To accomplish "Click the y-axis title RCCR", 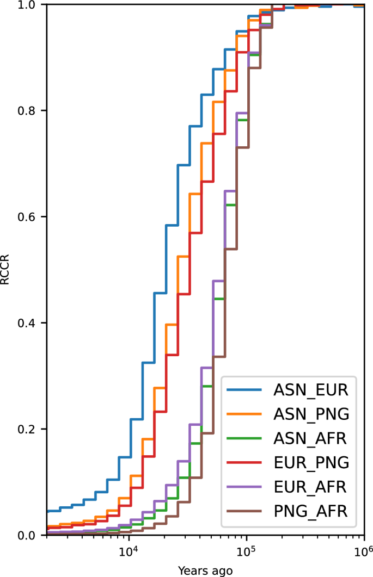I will pyautogui.click(x=5, y=270).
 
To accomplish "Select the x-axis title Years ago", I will pyautogui.click(x=206, y=570).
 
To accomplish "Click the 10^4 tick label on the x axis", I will pyautogui.click(x=128, y=551).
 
